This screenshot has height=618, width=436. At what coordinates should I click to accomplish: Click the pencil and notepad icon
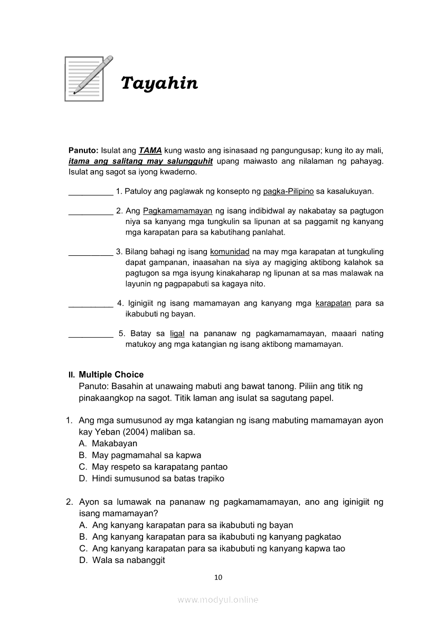[x=88, y=78]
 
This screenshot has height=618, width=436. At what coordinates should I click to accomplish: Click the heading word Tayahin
[x=159, y=83]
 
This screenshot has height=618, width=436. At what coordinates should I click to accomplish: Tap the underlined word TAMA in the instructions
[x=150, y=150]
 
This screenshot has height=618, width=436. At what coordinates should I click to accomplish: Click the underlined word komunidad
[x=230, y=252]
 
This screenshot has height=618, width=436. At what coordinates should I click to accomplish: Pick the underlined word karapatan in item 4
[x=333, y=303]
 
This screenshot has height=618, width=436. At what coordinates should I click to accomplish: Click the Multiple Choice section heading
[x=111, y=375]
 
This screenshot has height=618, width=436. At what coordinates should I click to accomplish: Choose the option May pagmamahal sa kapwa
[x=146, y=455]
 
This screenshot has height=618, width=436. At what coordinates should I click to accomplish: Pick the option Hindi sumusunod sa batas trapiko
[x=158, y=478]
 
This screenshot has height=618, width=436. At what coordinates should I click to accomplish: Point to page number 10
[x=218, y=577]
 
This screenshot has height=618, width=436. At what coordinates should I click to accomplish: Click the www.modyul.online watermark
[x=218, y=599]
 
